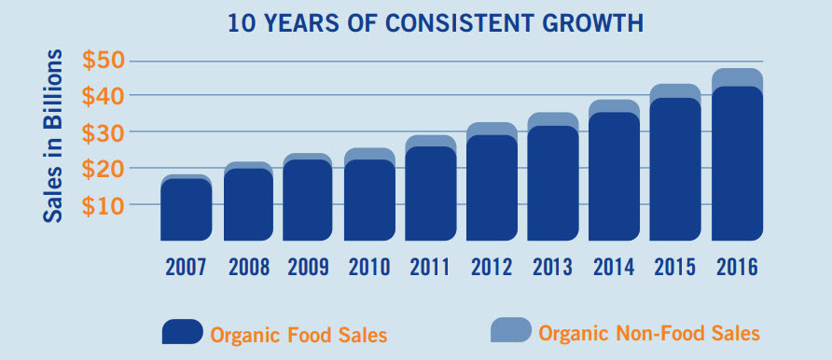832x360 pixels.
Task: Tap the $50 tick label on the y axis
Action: point(105,61)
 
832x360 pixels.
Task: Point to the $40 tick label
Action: point(105,96)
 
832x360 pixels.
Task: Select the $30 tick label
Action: point(105,133)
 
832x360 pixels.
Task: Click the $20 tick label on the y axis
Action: point(105,170)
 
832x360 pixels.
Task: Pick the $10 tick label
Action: point(105,206)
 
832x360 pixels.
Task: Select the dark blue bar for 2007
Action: point(186,211)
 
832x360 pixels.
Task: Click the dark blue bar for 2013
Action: point(553,185)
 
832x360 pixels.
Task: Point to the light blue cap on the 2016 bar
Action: point(737,76)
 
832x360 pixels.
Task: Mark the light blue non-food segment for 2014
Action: point(614,105)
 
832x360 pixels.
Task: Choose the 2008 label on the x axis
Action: point(247,267)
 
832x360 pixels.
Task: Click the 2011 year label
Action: point(431,267)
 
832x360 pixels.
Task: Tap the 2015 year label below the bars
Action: point(675,267)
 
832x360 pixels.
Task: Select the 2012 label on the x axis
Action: point(492,267)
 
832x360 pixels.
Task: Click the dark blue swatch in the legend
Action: point(182,332)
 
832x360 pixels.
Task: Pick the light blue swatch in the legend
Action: point(510,330)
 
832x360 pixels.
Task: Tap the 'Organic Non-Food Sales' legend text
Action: point(649,332)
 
